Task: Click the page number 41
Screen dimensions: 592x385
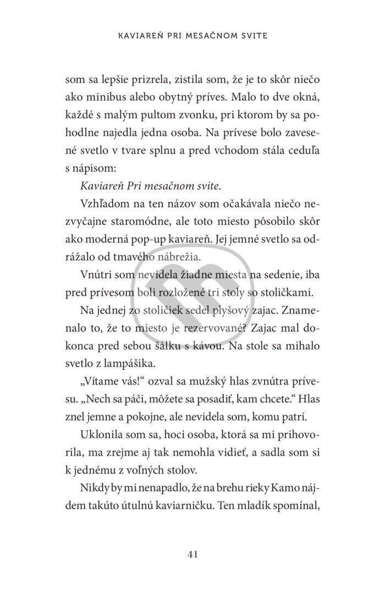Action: [x=192, y=554]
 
